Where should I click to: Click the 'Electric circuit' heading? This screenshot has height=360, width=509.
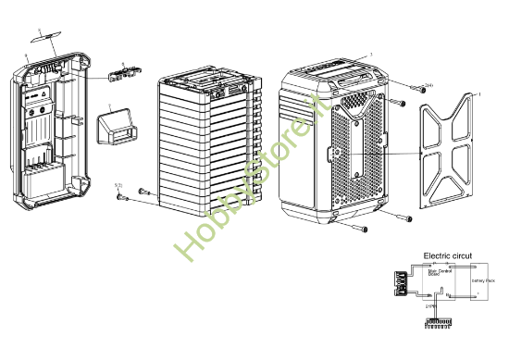(447, 254)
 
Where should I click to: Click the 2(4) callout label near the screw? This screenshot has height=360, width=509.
(403, 86)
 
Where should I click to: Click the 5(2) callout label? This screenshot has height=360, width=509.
(118, 186)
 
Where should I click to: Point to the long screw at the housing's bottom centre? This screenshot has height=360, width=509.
(357, 225)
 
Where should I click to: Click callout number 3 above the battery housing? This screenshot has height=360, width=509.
(371, 55)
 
